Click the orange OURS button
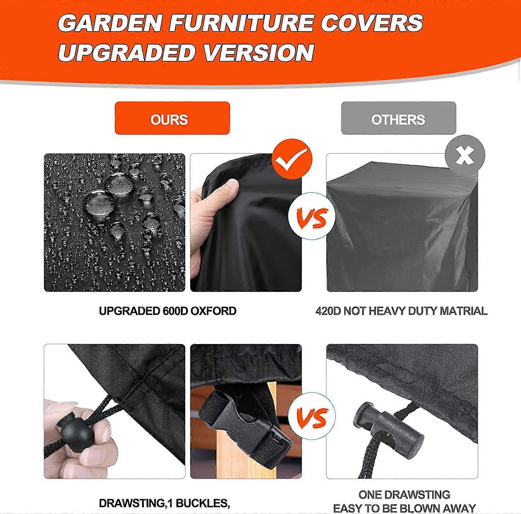(x=172, y=118)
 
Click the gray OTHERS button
(x=398, y=118)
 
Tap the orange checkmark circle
(x=292, y=159)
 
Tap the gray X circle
(x=465, y=155)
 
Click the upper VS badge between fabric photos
(x=312, y=216)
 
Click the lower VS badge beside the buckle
(x=312, y=416)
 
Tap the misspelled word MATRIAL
(x=463, y=311)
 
